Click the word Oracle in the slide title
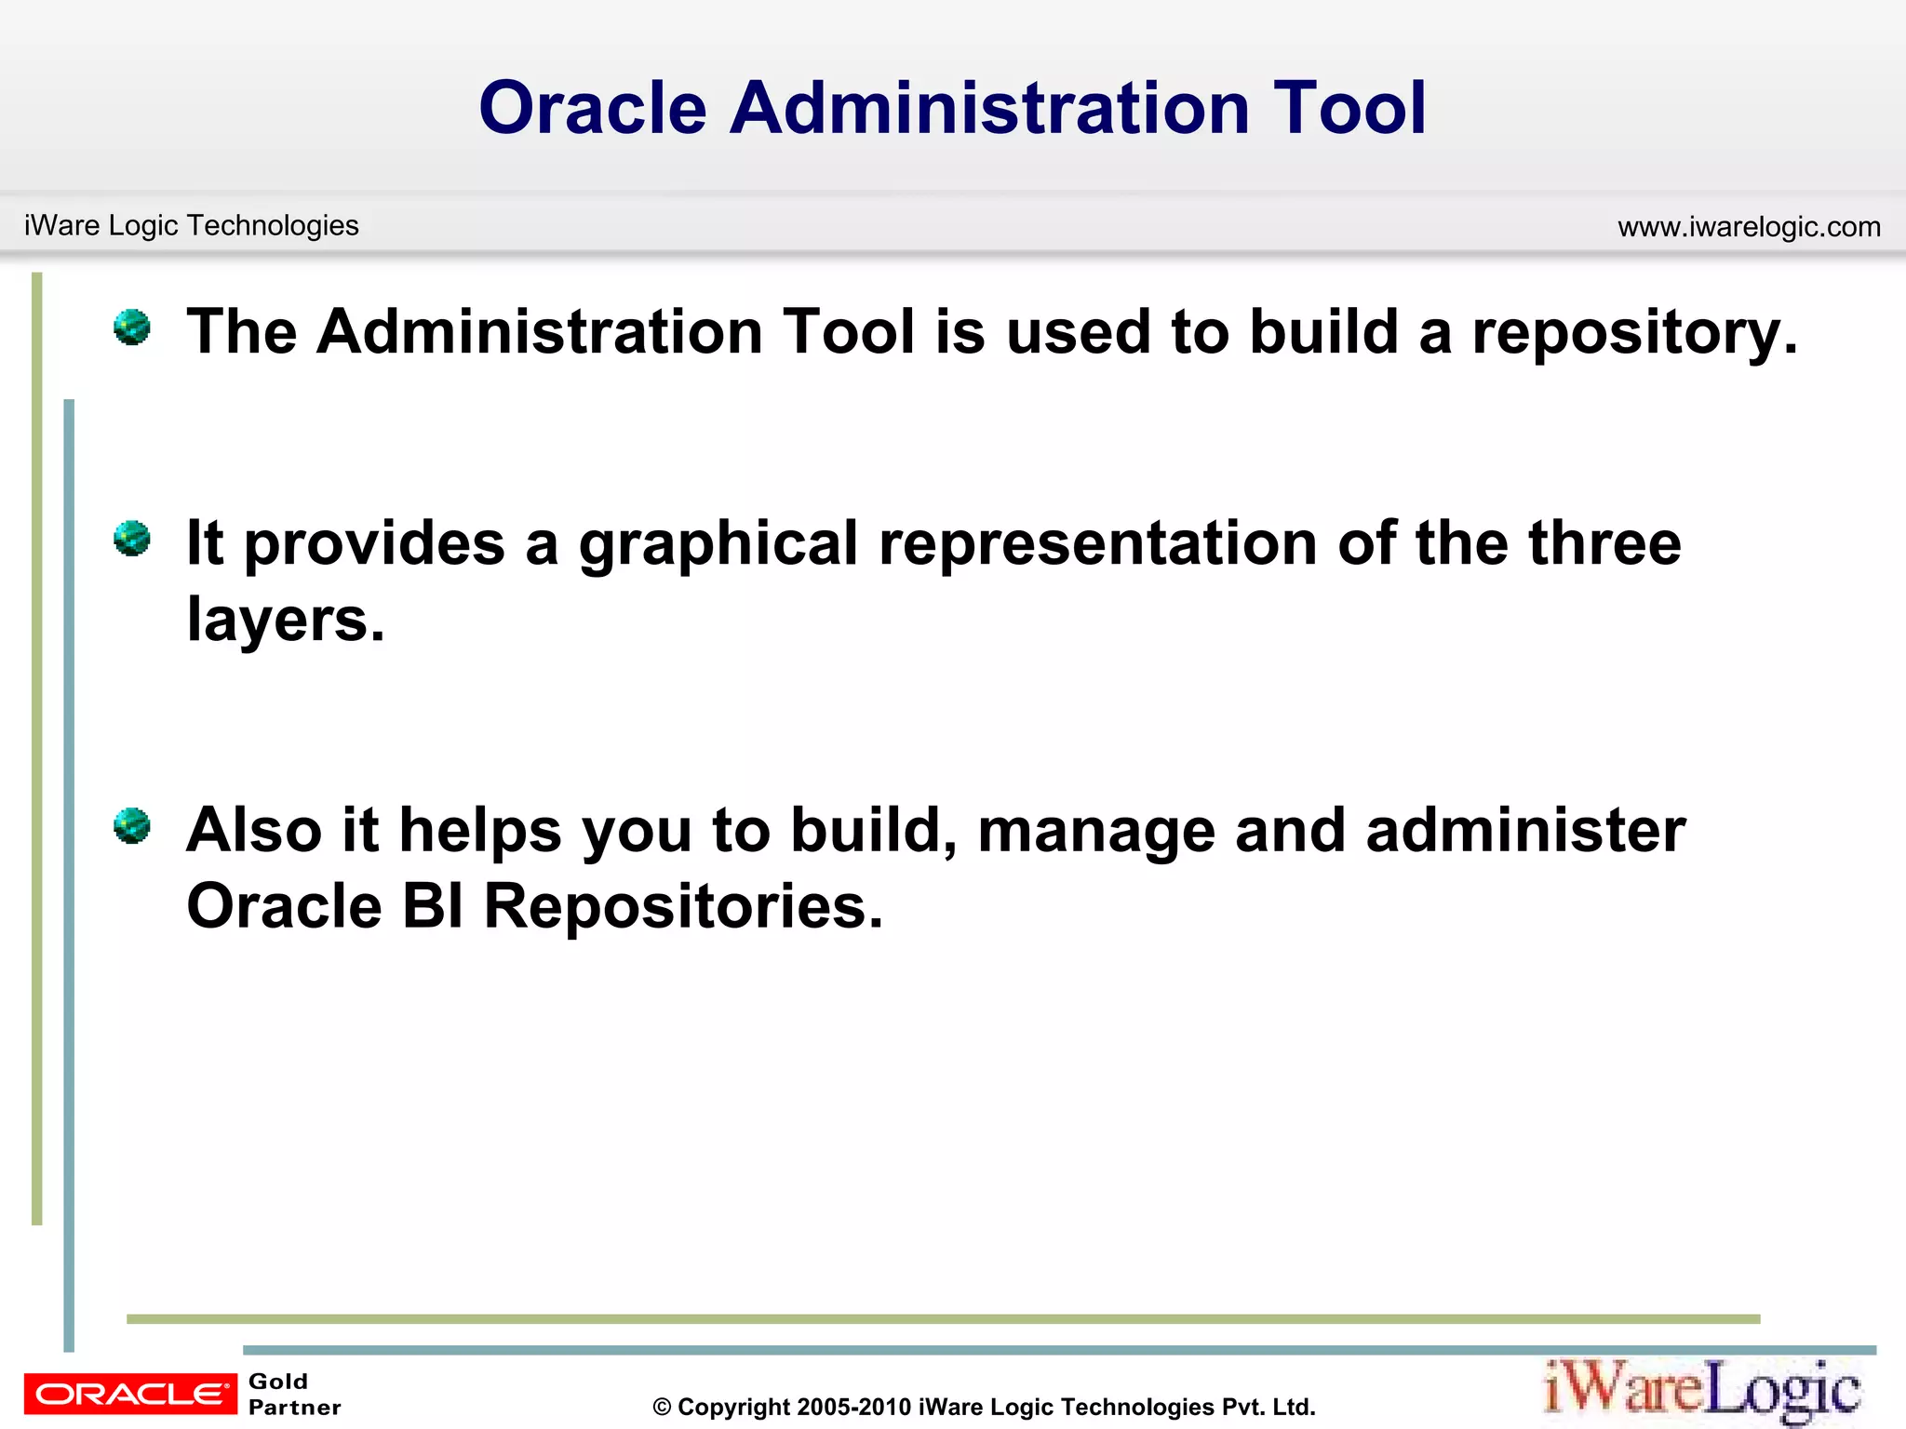pyautogui.click(x=593, y=108)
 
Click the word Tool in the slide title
pyautogui.click(x=1349, y=108)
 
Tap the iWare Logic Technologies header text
pyautogui.click(x=191, y=225)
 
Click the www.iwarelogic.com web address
pyautogui.click(x=1749, y=227)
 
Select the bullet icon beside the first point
pyautogui.click(x=132, y=327)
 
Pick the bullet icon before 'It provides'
pyautogui.click(x=132, y=539)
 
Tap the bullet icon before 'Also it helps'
pyautogui.click(x=132, y=825)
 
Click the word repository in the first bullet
pyautogui.click(x=1633, y=333)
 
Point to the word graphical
pyautogui.click(x=718, y=543)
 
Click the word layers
pyautogui.click(x=284, y=620)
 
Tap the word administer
pyautogui.click(x=1525, y=831)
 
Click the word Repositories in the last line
pyautogui.click(x=682, y=907)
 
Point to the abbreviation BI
pyautogui.click(x=433, y=907)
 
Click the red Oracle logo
pyautogui.click(x=130, y=1394)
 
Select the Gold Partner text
pyautogui.click(x=294, y=1395)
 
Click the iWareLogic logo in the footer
pyautogui.click(x=1702, y=1390)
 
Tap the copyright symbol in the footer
pyautogui.click(x=662, y=1408)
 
